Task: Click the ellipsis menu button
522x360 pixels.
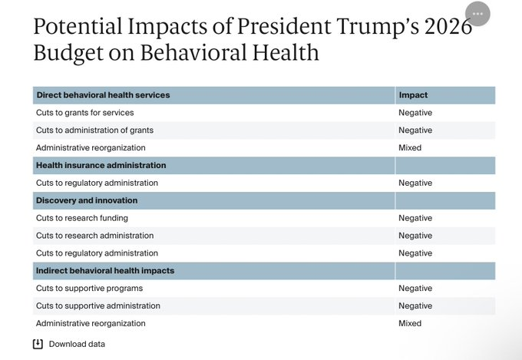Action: (477, 14)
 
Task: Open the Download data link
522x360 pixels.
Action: (77, 344)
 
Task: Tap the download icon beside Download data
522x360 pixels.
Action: (38, 344)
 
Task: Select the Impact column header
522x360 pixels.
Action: (413, 95)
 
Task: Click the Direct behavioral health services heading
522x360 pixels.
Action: (103, 95)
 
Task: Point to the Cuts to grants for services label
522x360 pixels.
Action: (85, 113)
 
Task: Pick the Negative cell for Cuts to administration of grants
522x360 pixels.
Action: (415, 130)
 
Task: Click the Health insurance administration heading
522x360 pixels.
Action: (101, 165)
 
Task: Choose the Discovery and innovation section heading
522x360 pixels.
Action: (87, 200)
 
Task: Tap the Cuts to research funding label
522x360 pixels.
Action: (82, 218)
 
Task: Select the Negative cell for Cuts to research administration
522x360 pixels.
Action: (415, 236)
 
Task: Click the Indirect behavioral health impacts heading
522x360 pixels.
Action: (105, 271)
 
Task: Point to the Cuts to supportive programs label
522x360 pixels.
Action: (89, 289)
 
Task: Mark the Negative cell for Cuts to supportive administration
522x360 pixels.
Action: (415, 306)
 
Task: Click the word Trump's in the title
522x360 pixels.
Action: (378, 27)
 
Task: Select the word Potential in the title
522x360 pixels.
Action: (78, 27)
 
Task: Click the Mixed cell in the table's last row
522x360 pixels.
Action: (410, 323)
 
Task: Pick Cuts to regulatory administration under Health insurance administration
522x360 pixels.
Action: (97, 183)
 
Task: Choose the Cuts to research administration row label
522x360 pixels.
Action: (95, 236)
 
